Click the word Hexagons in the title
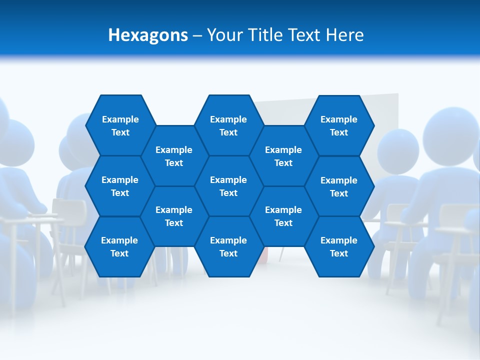tap(148, 35)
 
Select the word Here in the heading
tap(344, 35)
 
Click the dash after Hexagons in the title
tap(197, 35)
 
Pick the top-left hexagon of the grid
tap(120, 125)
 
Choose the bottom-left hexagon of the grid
tap(119, 246)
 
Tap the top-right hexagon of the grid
tap(339, 125)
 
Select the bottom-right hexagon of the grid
tap(339, 246)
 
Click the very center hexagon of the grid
tap(228, 186)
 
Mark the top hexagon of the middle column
tap(228, 125)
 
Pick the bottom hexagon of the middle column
tap(228, 246)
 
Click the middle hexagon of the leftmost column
tap(120, 186)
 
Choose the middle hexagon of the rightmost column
tap(339, 186)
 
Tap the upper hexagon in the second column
tap(174, 156)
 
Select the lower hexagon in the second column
tap(174, 216)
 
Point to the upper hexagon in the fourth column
tap(283, 156)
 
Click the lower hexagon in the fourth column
tap(283, 216)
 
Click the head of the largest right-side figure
tap(450, 132)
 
